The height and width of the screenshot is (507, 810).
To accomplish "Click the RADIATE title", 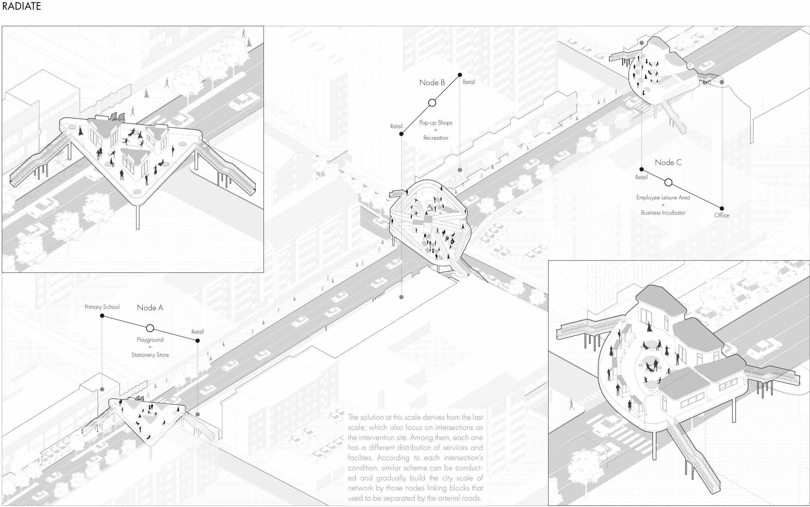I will pos(22,6).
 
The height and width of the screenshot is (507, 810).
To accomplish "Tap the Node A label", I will pos(150,308).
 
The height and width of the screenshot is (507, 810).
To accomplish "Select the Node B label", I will pos(432,83).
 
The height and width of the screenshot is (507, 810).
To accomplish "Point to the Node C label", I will pos(668,163).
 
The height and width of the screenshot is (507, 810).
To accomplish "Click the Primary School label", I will pos(102,307).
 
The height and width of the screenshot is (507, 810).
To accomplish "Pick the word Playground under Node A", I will pos(150,340).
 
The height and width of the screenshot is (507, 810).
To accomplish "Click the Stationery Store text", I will pos(150,355).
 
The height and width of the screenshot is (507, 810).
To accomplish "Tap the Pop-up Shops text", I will pos(436,123).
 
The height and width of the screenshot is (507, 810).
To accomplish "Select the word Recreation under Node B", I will pos(436,138).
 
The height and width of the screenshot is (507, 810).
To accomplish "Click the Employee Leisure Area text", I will pos(663,198).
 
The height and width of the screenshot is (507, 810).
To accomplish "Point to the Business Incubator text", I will pos(663,213).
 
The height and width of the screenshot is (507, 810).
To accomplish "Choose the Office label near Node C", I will pos(721,216).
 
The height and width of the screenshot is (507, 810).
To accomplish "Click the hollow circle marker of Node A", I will pos(150,328).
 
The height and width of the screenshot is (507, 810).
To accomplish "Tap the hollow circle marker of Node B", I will pos(432,103).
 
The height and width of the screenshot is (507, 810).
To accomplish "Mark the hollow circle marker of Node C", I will pos(668,183).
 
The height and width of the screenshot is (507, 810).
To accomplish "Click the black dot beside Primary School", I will pos(102,316).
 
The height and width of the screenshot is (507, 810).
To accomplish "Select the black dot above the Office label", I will pos(721,209).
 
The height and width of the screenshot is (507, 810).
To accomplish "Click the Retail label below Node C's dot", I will pos(641,178).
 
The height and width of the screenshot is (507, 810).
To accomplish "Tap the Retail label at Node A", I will pos(197,332).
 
